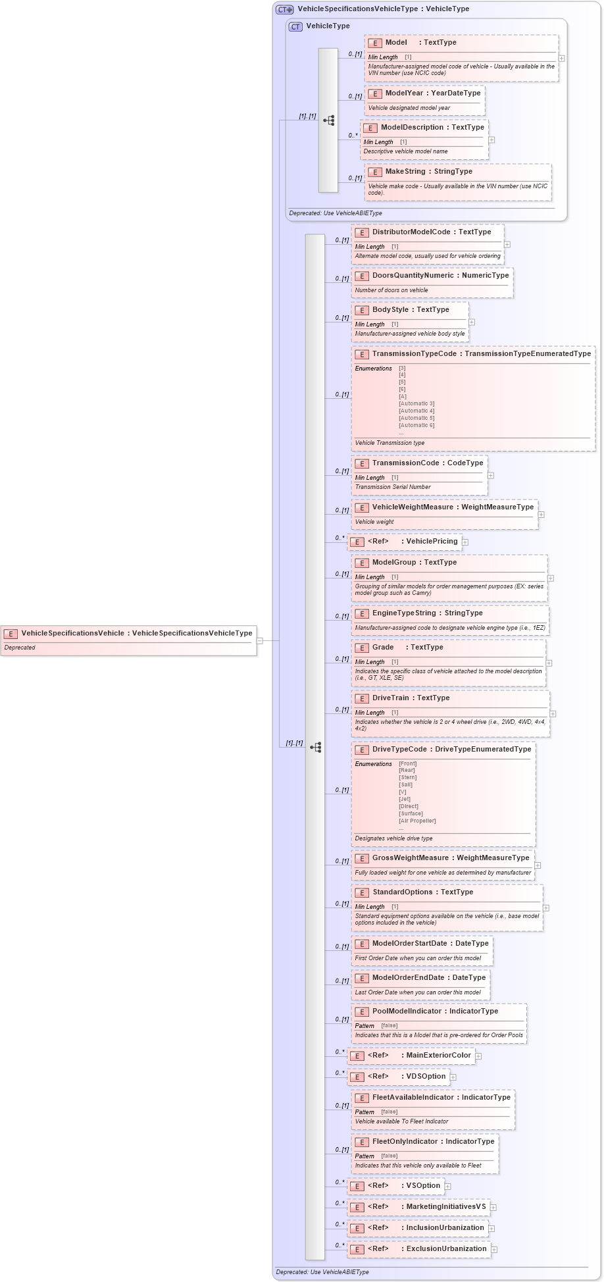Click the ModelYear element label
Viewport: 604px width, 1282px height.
point(404,93)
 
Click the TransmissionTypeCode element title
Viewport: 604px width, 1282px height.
point(414,354)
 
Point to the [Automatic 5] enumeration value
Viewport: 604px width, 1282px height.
point(416,418)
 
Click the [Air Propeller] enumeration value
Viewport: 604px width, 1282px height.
point(417,821)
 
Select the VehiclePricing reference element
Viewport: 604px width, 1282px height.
point(431,542)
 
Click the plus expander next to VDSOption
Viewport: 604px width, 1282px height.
point(453,1077)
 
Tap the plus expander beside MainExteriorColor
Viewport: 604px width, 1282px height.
point(478,1056)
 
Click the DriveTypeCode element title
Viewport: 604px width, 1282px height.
point(399,750)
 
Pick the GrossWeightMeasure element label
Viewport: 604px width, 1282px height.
point(410,858)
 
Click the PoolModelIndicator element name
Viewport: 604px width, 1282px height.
point(407,1012)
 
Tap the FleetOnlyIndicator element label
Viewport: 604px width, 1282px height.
point(405,1142)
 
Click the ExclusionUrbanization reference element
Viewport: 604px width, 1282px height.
point(446,1249)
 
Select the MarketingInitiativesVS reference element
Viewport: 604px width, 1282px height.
point(445,1207)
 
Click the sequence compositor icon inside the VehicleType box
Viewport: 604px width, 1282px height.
point(328,120)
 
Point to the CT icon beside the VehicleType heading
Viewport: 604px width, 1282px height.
point(295,26)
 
